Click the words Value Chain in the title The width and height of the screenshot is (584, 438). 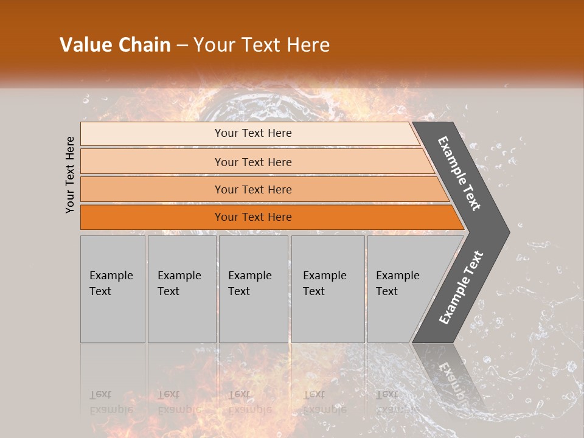pyautogui.click(x=115, y=45)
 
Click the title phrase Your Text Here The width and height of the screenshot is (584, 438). pyautogui.click(x=262, y=45)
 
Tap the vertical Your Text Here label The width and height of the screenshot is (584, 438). pyautogui.click(x=70, y=175)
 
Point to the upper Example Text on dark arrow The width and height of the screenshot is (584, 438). pyautogui.click(x=460, y=173)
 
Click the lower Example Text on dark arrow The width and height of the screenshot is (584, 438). pyautogui.click(x=461, y=288)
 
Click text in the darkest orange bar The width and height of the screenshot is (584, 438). pyautogui.click(x=253, y=217)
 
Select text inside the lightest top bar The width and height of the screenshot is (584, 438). pyautogui.click(x=253, y=133)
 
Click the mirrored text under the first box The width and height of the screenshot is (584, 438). pyautogui.click(x=111, y=402)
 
